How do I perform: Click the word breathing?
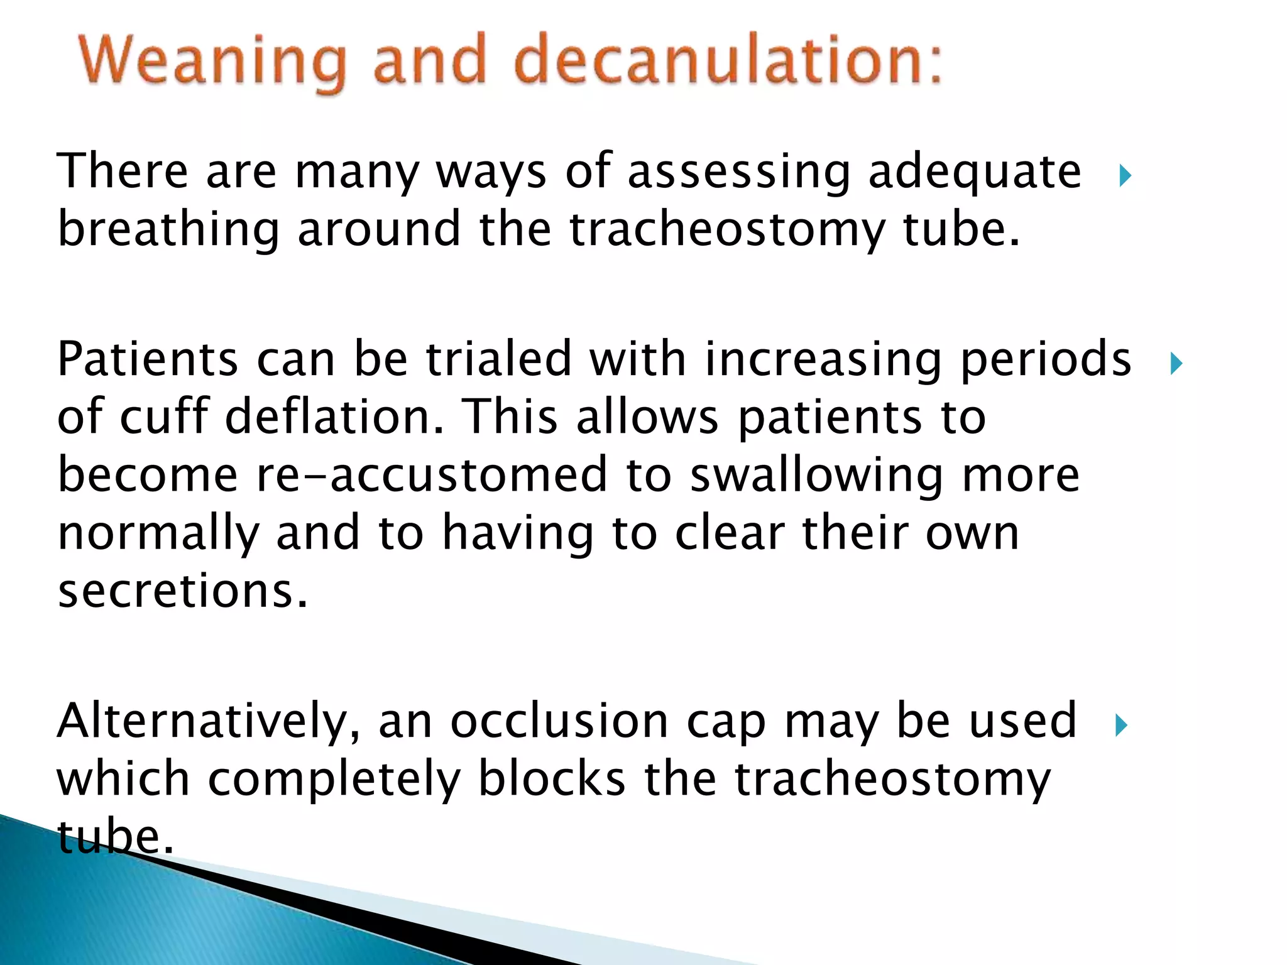168,230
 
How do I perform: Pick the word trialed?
498,359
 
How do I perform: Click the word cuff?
164,417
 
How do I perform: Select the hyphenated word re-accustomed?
432,476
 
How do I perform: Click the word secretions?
183,592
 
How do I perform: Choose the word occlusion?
559,721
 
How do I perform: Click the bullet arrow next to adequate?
1125,176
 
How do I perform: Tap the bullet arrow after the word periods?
1176,364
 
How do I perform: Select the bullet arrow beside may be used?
1121,726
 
